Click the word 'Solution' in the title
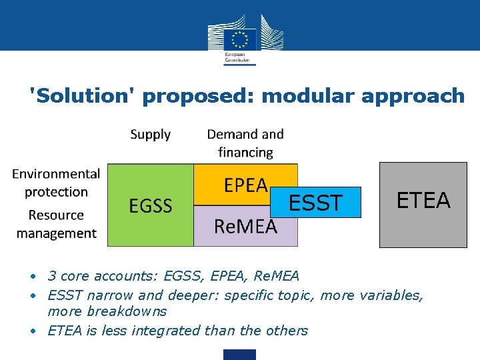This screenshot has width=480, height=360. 83,96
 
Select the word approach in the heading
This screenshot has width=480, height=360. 413,96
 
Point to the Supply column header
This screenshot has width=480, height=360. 150,135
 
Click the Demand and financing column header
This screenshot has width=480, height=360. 245,143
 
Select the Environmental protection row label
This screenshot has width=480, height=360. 56,183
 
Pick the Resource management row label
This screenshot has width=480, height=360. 56,224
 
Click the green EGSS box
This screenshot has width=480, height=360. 151,205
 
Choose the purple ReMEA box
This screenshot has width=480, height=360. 245,227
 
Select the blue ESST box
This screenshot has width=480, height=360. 315,202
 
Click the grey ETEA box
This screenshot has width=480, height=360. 423,204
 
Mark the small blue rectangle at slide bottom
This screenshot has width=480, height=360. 239,354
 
